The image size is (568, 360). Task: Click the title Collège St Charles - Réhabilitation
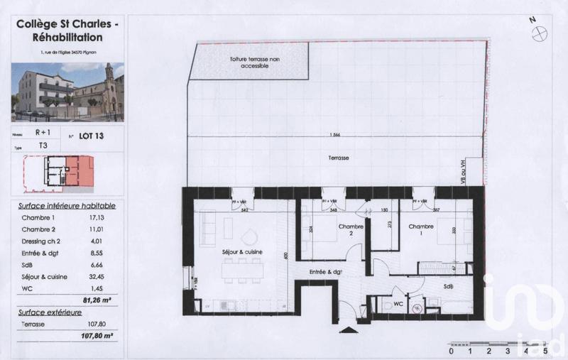[x=68, y=31]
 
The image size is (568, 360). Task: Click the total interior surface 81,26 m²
[x=100, y=300]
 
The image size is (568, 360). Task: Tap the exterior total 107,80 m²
[x=99, y=335]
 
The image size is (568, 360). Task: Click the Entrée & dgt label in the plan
[x=326, y=272]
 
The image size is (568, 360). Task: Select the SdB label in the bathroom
[x=448, y=286]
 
